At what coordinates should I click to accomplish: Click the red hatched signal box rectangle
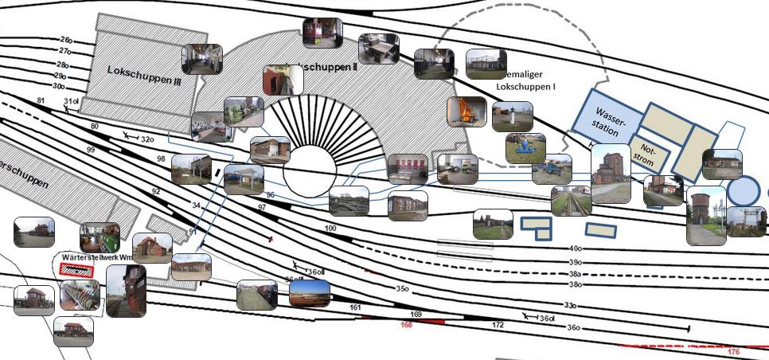[76, 270]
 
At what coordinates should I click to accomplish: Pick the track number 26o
[66, 39]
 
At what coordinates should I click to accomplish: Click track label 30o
[59, 86]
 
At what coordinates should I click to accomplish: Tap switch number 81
[41, 100]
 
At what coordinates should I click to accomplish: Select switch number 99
[90, 150]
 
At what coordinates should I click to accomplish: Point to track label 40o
[576, 248]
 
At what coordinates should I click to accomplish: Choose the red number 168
[407, 325]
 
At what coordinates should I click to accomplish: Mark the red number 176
[734, 351]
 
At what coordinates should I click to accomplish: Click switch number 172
[498, 325]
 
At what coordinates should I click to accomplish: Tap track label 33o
[570, 305]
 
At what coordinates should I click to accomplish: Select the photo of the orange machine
[466, 112]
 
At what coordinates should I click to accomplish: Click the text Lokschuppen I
[525, 84]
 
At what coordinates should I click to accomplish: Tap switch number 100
[331, 229]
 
